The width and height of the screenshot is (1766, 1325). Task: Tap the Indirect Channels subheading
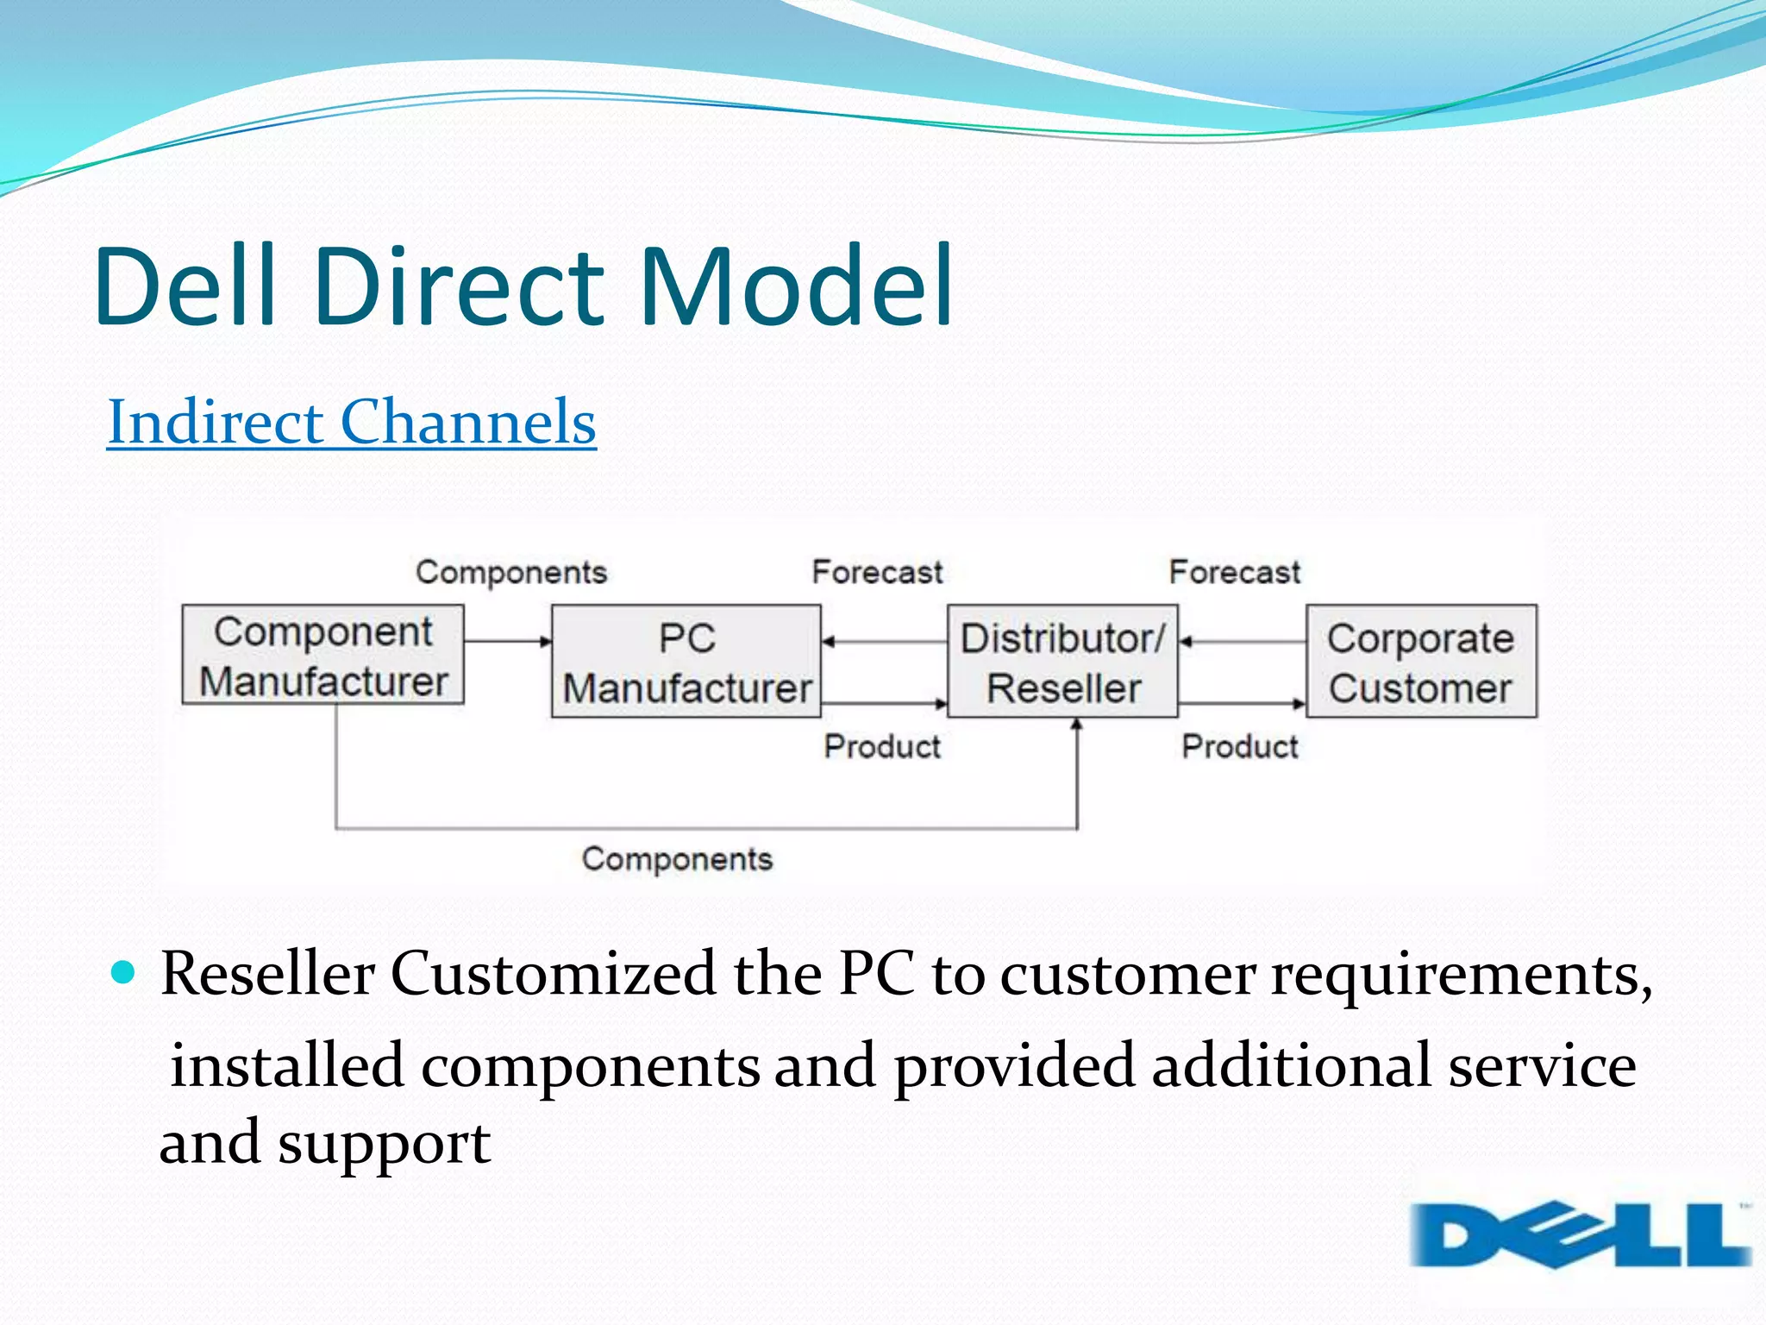pos(352,422)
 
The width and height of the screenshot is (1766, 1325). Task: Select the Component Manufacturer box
pos(323,656)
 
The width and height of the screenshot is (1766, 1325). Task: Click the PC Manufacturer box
pos(686,662)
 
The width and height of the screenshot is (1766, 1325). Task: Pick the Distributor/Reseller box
pos(1062,662)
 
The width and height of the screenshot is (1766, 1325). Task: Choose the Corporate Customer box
pos(1421,662)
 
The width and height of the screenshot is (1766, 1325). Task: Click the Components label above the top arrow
pos(511,572)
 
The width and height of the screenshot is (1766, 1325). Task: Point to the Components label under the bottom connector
pos(677,858)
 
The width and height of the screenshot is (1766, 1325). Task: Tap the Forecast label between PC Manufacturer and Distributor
pos(877,572)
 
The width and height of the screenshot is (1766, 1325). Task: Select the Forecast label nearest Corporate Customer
pos(1234,572)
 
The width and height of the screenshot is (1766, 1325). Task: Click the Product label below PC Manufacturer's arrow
pos(881,746)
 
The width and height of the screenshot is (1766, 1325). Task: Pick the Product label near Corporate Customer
pos(1239,746)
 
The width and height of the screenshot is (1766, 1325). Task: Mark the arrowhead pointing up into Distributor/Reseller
pos(1076,725)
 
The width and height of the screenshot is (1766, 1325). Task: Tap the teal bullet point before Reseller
pos(124,973)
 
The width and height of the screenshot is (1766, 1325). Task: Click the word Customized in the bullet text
pos(553,975)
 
